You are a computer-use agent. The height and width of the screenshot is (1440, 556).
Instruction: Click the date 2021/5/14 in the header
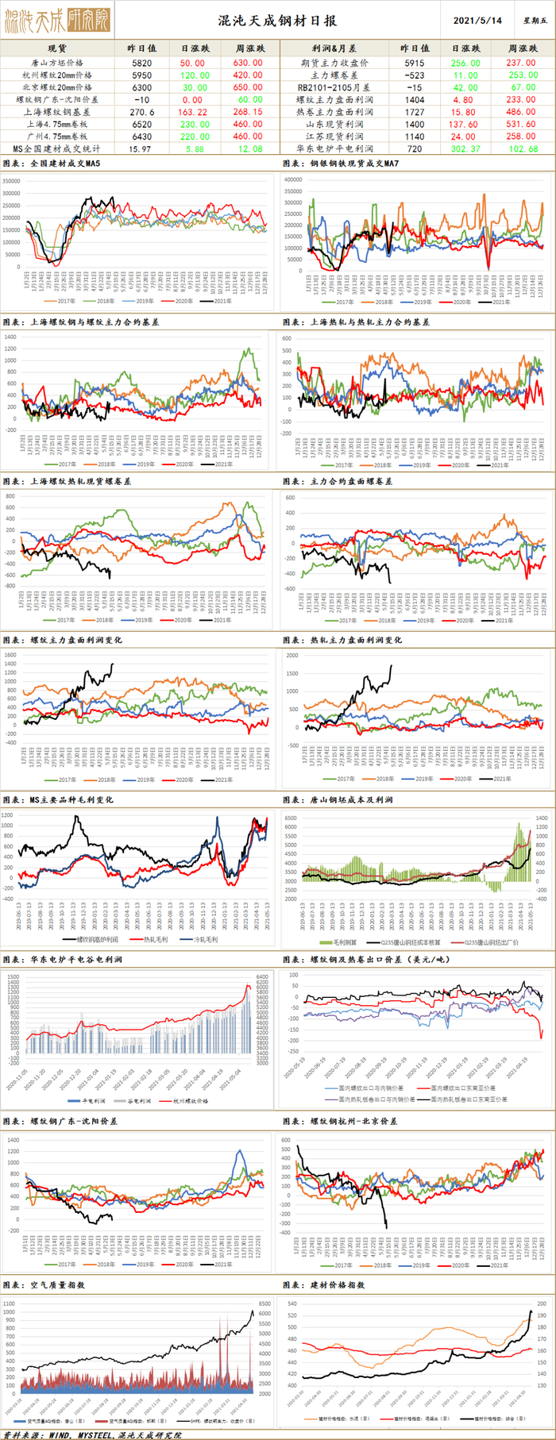477,21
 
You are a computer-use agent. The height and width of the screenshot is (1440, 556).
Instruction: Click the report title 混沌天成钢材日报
277,21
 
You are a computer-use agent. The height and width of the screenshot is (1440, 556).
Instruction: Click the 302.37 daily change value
464,148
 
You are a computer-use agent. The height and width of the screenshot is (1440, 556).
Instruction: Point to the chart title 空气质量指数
57,1284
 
